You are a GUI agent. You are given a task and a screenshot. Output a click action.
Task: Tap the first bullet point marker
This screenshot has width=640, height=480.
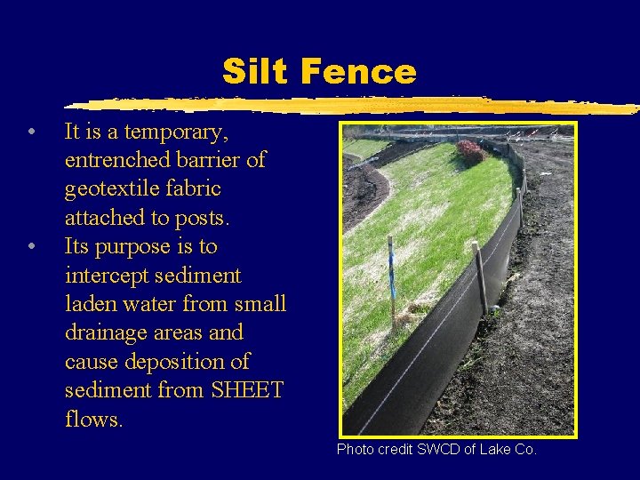point(31,133)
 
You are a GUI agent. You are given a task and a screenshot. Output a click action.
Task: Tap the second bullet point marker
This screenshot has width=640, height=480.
point(31,247)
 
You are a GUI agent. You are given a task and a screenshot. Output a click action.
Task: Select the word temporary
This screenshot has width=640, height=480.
point(177,132)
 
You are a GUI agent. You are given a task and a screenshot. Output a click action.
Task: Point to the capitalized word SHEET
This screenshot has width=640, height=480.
point(246,390)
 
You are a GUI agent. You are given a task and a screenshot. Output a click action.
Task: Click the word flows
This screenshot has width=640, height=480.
point(93,419)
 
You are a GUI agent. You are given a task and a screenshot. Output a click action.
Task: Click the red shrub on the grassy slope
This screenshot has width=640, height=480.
point(470,153)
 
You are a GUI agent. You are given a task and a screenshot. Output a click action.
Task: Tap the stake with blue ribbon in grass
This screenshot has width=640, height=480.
point(391,280)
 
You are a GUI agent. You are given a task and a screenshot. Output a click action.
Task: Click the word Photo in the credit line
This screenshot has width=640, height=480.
point(354,450)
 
